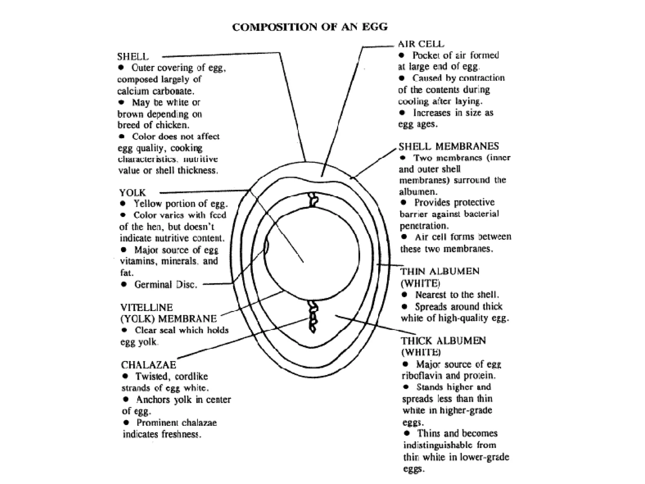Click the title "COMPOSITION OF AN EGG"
[x=310, y=27]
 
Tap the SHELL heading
[x=133, y=57]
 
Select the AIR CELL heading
[x=421, y=44]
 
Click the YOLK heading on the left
[x=132, y=193]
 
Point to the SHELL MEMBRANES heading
[x=448, y=146]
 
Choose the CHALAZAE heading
[x=148, y=365]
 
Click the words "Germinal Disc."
[x=166, y=285]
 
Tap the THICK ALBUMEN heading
[x=443, y=341]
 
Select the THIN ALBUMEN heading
[x=440, y=271]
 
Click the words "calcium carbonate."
[x=156, y=91]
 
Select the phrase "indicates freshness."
[x=162, y=434]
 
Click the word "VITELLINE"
[x=146, y=307]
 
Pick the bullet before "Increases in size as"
[x=402, y=112]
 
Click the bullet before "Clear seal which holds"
[x=125, y=330]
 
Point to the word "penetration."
[x=424, y=226]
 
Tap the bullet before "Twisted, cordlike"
[x=125, y=376]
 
